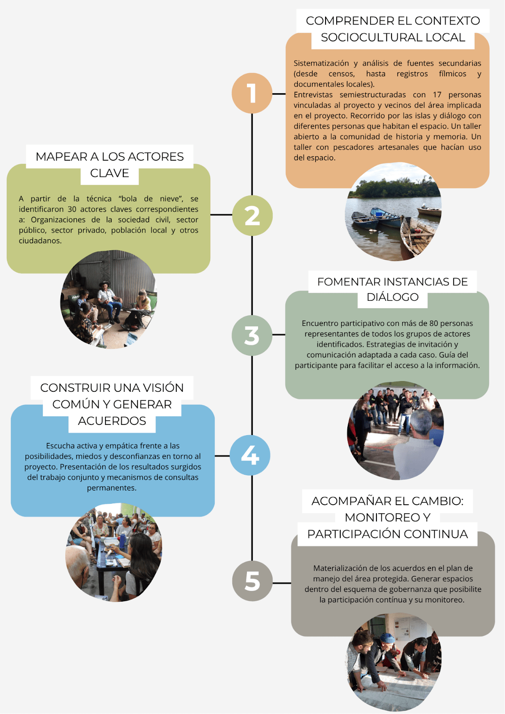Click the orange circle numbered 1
[x=252, y=93]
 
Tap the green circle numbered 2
[x=252, y=216]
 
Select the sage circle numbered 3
[x=252, y=336]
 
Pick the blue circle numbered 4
[x=250, y=455]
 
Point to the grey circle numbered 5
[x=252, y=581]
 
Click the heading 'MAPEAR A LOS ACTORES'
[x=109, y=157]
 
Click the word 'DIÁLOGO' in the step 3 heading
[x=392, y=297]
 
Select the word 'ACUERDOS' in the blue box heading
[x=112, y=421]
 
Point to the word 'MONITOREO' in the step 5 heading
[x=383, y=517]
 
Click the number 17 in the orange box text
[x=437, y=95]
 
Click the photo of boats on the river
[x=393, y=212]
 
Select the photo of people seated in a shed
[x=109, y=299]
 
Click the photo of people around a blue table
[x=114, y=552]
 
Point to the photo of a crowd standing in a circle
[x=395, y=431]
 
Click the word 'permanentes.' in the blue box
[x=112, y=488]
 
